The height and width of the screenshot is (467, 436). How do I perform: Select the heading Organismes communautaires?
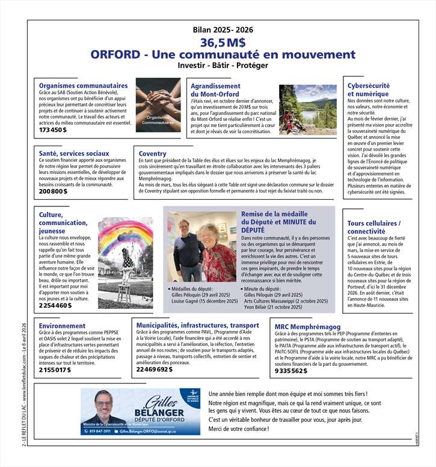(83, 85)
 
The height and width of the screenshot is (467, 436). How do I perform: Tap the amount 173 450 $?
(53, 130)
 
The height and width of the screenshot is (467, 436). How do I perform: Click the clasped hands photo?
(158, 105)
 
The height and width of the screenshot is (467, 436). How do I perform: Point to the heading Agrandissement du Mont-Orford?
(215, 90)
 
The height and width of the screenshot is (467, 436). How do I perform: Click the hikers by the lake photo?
(307, 110)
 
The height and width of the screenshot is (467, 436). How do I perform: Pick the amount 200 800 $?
(53, 191)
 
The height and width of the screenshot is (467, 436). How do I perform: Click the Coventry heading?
(152, 154)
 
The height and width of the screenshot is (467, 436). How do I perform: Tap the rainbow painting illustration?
(125, 262)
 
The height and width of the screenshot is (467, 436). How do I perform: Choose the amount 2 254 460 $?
(55, 306)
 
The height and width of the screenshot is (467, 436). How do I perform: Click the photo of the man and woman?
(201, 247)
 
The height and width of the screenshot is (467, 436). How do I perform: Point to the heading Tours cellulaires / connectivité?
(373, 227)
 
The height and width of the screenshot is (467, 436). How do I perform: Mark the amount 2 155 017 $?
(55, 370)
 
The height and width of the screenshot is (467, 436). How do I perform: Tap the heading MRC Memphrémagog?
(303, 327)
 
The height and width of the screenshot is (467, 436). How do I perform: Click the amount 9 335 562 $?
(290, 371)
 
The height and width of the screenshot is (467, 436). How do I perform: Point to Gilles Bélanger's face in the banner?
(103, 404)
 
